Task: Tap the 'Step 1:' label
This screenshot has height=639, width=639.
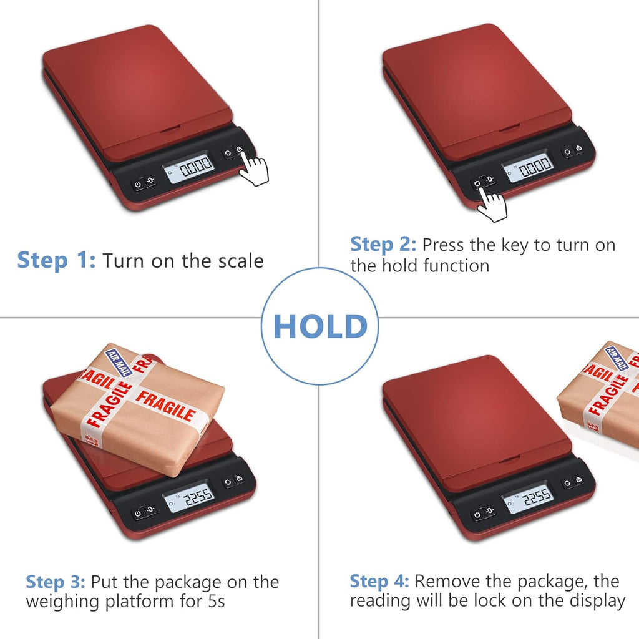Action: coord(56,260)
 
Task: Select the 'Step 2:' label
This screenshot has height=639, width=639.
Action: coord(383,245)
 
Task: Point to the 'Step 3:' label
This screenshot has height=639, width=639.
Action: coord(55,582)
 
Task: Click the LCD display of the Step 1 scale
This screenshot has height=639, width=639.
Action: coord(189,166)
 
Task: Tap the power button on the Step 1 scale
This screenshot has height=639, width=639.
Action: coord(138,185)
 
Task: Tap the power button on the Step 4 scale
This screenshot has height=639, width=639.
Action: coord(477,515)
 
